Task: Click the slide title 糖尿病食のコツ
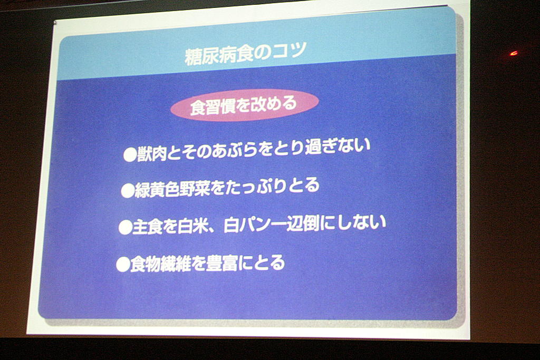[245, 54]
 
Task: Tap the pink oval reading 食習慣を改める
[244, 105]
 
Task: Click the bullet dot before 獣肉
[130, 155]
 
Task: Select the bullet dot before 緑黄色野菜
[128, 191]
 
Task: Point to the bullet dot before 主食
[125, 228]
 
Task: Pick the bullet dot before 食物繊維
[122, 265]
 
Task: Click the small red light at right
[514, 53]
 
